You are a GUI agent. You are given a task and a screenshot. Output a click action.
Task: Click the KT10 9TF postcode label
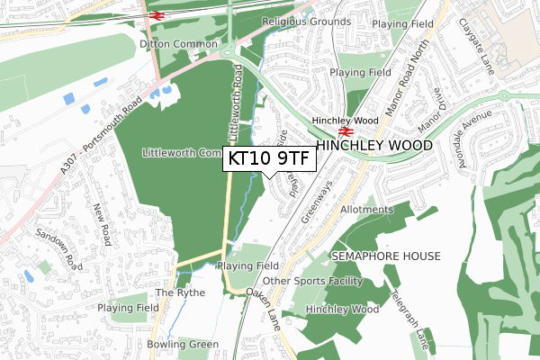pyautogui.click(x=269, y=158)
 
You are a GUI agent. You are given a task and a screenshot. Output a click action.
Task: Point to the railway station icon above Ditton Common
pyautogui.click(x=155, y=14)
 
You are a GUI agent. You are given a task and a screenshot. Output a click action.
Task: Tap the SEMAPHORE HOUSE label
pyautogui.click(x=386, y=256)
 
